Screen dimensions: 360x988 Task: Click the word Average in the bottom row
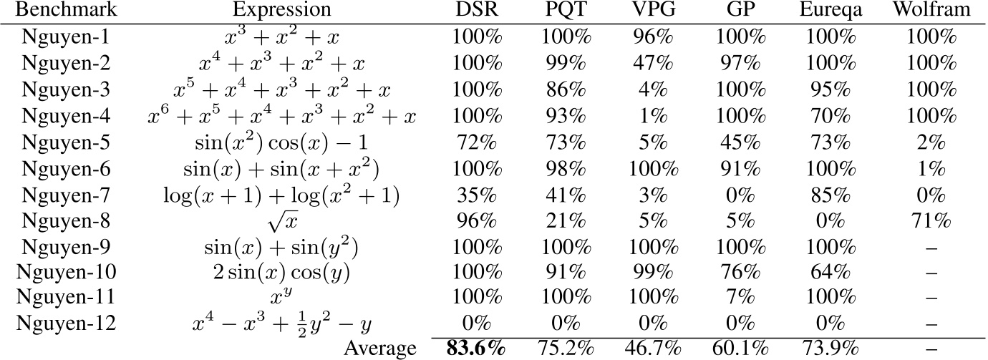pos(380,349)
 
